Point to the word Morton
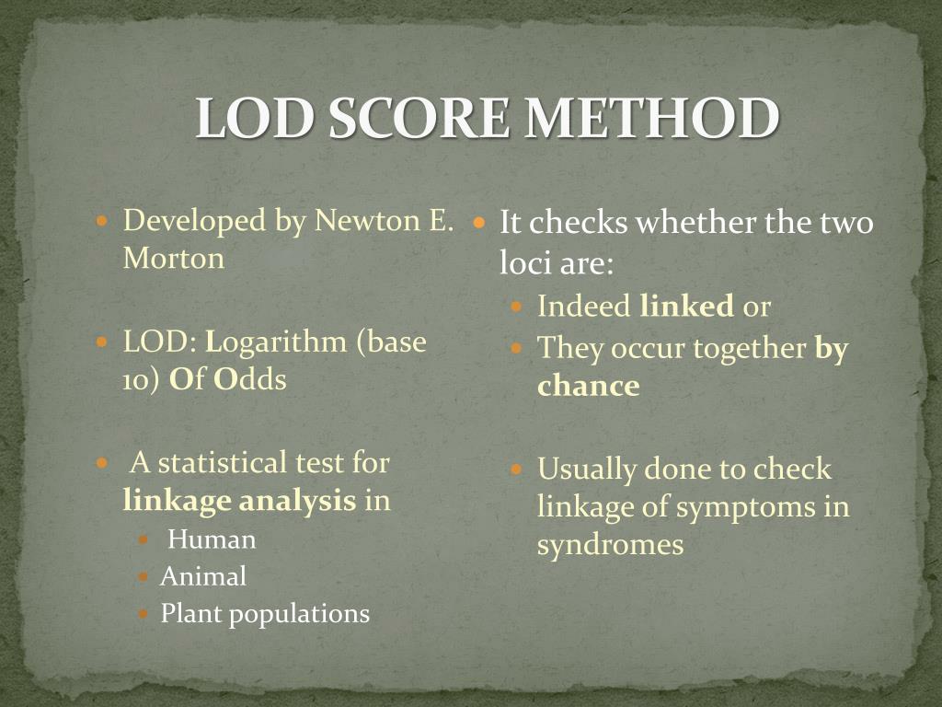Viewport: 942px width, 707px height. coord(174,258)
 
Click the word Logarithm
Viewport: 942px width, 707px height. coord(277,342)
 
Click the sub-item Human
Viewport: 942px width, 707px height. coord(212,539)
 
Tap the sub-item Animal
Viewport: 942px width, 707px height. coord(203,576)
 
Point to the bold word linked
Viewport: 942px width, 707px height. coord(686,306)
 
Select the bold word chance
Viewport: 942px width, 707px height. coord(588,386)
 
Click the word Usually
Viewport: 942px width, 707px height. coord(587,469)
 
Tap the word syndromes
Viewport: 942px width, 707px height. coord(610,544)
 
